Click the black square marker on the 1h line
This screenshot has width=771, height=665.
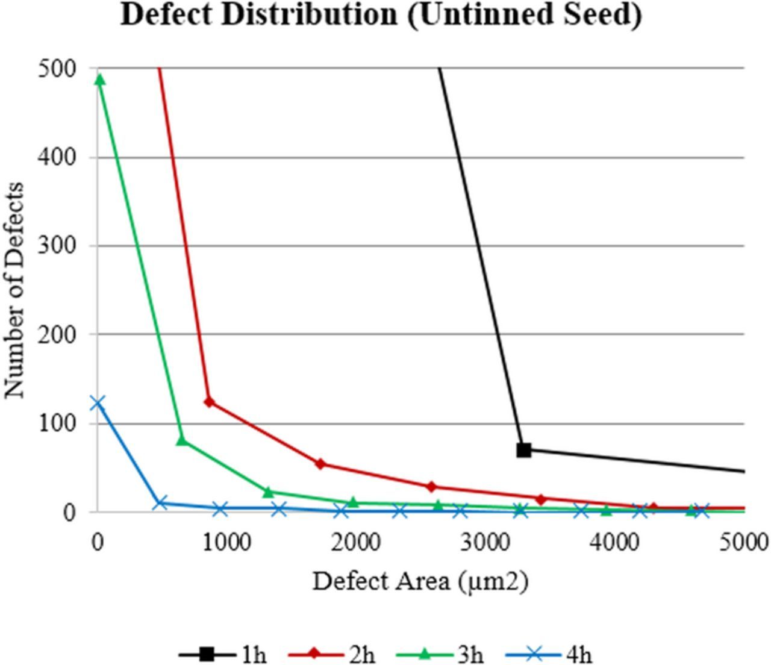(x=524, y=449)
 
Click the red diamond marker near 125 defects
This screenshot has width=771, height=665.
(x=210, y=402)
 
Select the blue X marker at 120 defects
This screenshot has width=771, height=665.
(x=98, y=403)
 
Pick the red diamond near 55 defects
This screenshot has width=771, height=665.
(x=320, y=464)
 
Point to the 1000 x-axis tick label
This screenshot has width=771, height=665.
(x=227, y=542)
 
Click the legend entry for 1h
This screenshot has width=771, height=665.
(x=223, y=654)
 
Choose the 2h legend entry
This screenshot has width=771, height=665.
(x=332, y=654)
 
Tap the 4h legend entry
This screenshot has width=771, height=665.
(x=549, y=654)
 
